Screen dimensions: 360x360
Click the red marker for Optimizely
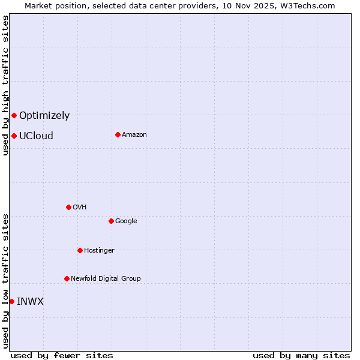pyautogui.click(x=14, y=115)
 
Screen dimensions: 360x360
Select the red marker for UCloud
pyautogui.click(x=14, y=136)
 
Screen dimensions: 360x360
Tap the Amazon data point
pyautogui.click(x=118, y=134)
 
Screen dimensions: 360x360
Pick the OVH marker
pyautogui.click(x=68, y=207)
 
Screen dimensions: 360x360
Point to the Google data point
pyautogui.click(x=111, y=221)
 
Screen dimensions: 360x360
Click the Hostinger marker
pyautogui.click(x=80, y=250)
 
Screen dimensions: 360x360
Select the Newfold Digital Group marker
pyautogui.click(x=67, y=278)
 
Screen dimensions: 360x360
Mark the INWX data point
pyautogui.click(x=11, y=301)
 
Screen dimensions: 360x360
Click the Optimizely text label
pyautogui.click(x=44, y=116)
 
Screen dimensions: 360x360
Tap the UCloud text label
pyautogui.click(x=36, y=136)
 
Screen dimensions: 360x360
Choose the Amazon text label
pyautogui.click(x=134, y=135)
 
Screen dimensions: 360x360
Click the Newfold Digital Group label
pyautogui.click(x=106, y=279)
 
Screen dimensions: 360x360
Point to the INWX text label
pyautogui.click(x=30, y=302)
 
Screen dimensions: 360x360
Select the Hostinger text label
pyautogui.click(x=99, y=251)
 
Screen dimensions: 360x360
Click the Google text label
pyautogui.click(x=126, y=221)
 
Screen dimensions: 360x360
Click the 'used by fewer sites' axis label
pyautogui.click(x=62, y=355)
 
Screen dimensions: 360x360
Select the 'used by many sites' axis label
pyautogui.click(x=301, y=355)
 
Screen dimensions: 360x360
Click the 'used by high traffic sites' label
pyautogui.click(x=5, y=85)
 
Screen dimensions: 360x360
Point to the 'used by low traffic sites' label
pyautogui.click(x=5, y=280)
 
